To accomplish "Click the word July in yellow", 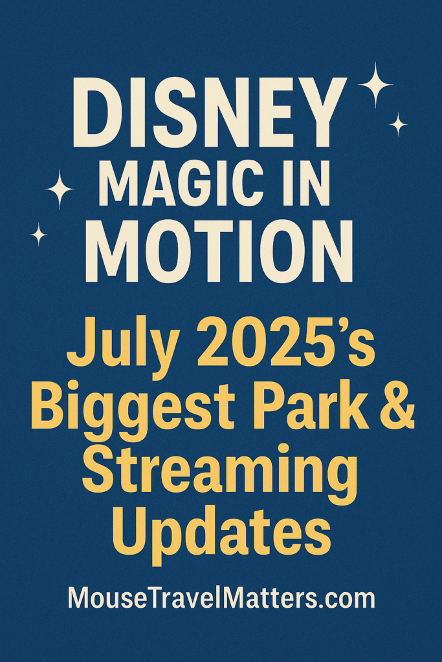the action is (122, 347).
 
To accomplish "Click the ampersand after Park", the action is (397, 406).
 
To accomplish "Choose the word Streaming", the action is (220, 473).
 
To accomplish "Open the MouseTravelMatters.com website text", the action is (221, 599).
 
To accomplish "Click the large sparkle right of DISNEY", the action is (375, 85).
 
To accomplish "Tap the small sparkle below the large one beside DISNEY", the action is (397, 125).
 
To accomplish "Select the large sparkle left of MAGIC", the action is (60, 189).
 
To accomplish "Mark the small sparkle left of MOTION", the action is (39, 234).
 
